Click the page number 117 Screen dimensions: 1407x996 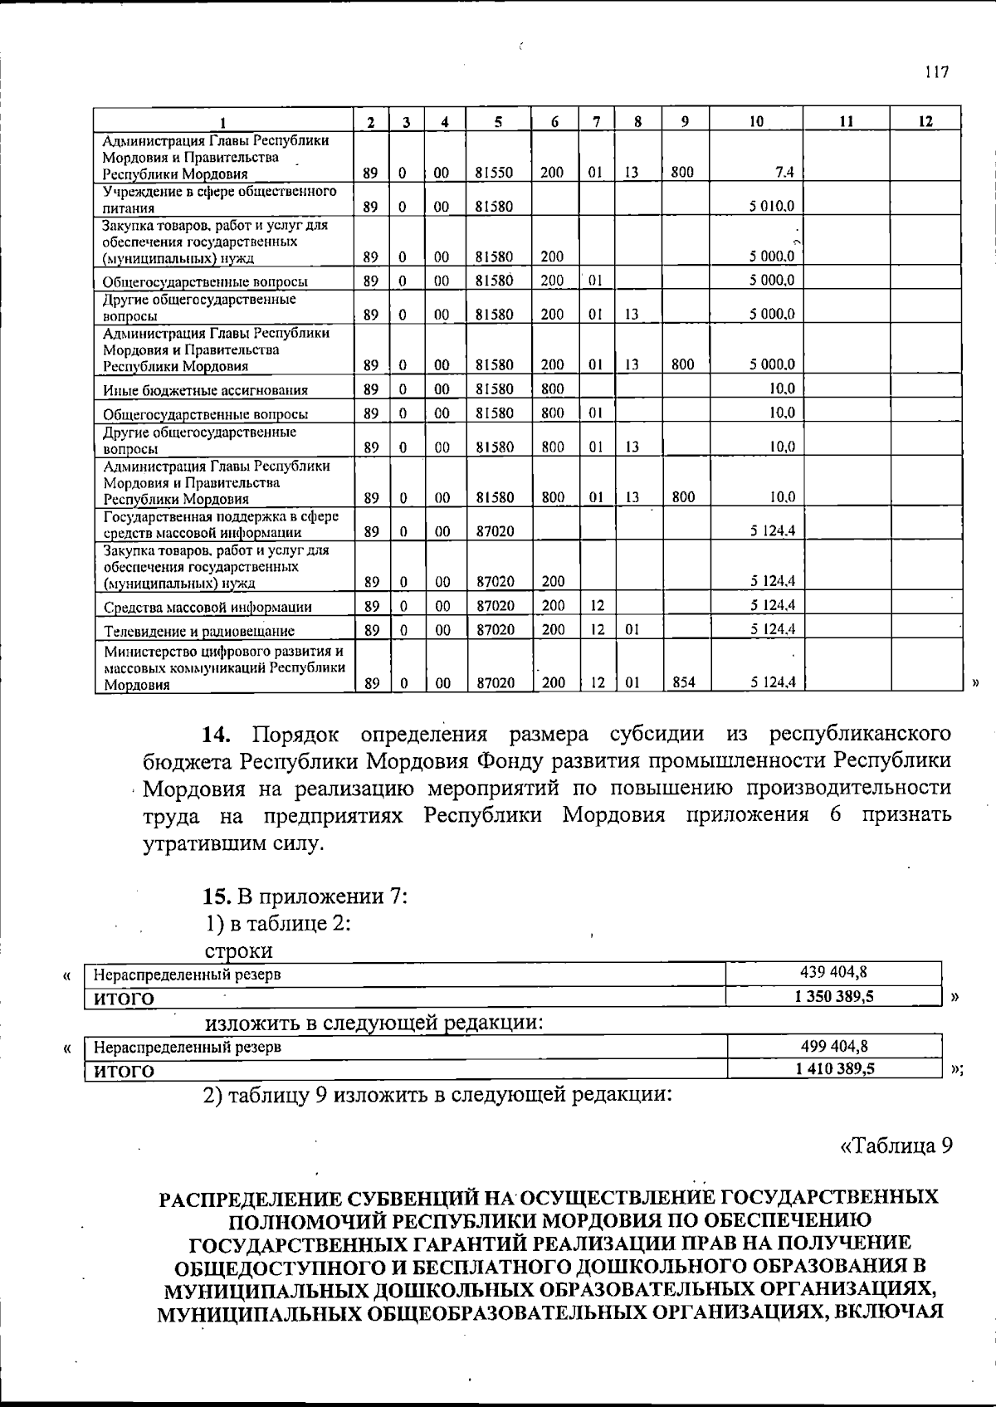936,71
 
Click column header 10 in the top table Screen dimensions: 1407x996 756,121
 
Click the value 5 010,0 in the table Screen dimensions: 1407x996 772,206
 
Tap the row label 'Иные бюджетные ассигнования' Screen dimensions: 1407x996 205,390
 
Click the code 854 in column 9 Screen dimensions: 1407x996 682,682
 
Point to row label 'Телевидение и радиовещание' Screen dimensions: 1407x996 198,631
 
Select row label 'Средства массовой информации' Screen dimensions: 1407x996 207,607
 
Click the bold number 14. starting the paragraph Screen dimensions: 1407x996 220,735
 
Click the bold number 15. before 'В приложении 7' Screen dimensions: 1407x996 220,897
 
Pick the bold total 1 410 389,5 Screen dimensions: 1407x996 834,1069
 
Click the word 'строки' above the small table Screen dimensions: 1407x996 238,950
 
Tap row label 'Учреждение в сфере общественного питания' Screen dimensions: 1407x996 219,199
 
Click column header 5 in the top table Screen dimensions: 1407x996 497,121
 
